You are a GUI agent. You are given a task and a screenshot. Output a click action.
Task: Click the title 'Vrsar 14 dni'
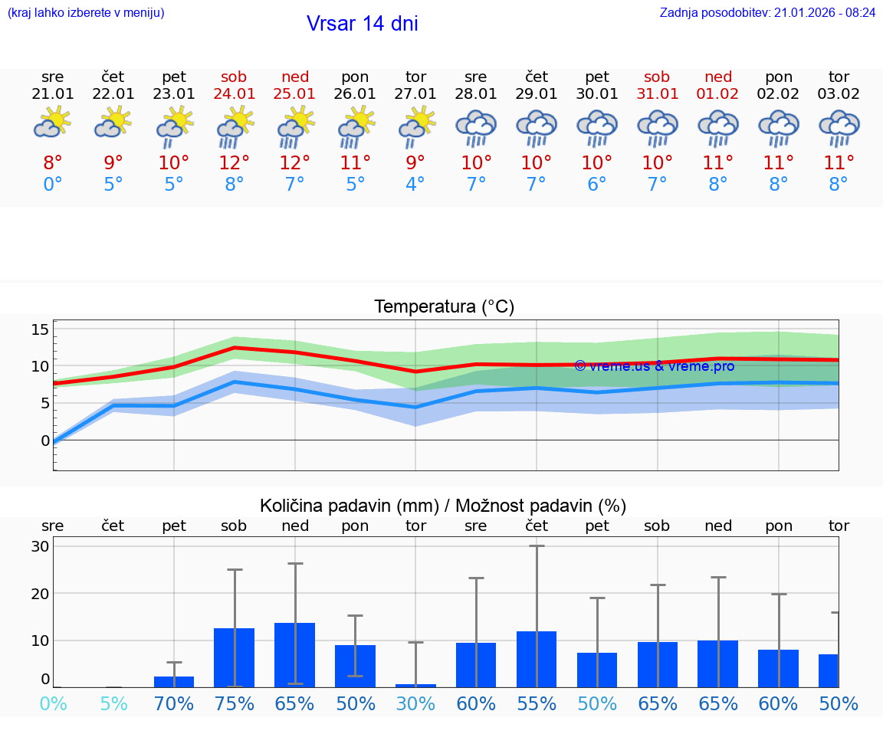point(362,24)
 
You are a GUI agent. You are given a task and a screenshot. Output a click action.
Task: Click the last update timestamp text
point(767,13)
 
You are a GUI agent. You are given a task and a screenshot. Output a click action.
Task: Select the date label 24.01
point(235,94)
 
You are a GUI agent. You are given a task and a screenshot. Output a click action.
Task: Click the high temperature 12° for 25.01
point(295,162)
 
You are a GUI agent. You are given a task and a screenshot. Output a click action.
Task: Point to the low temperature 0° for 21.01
point(53,185)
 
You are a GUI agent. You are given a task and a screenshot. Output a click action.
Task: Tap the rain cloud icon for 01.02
point(718,127)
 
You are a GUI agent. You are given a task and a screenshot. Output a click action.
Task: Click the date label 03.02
point(839,94)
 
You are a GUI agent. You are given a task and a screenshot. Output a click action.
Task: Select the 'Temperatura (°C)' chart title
point(444,307)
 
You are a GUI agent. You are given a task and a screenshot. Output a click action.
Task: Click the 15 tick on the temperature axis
point(40,329)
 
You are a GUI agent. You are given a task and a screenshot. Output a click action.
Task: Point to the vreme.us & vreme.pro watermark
point(654,366)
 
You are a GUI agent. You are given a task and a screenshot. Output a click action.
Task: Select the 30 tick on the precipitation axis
point(40,546)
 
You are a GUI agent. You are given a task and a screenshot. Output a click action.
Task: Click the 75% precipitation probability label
point(235,704)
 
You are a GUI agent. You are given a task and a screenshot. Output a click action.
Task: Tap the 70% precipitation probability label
point(174,704)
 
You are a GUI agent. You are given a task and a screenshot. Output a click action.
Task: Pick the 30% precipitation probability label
point(415,704)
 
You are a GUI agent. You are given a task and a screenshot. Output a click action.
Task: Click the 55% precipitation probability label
point(537,704)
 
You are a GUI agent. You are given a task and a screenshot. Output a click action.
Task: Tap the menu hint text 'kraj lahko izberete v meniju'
point(86,13)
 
